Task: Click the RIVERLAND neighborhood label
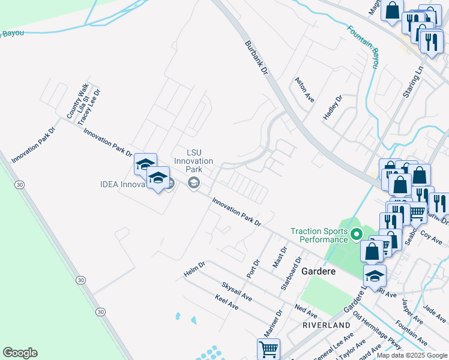326,325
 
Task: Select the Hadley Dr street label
332,107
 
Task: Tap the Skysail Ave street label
237,291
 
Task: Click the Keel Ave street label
226,302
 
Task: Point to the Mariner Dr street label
272,325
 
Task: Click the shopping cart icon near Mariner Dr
268,349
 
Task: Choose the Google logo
20,353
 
